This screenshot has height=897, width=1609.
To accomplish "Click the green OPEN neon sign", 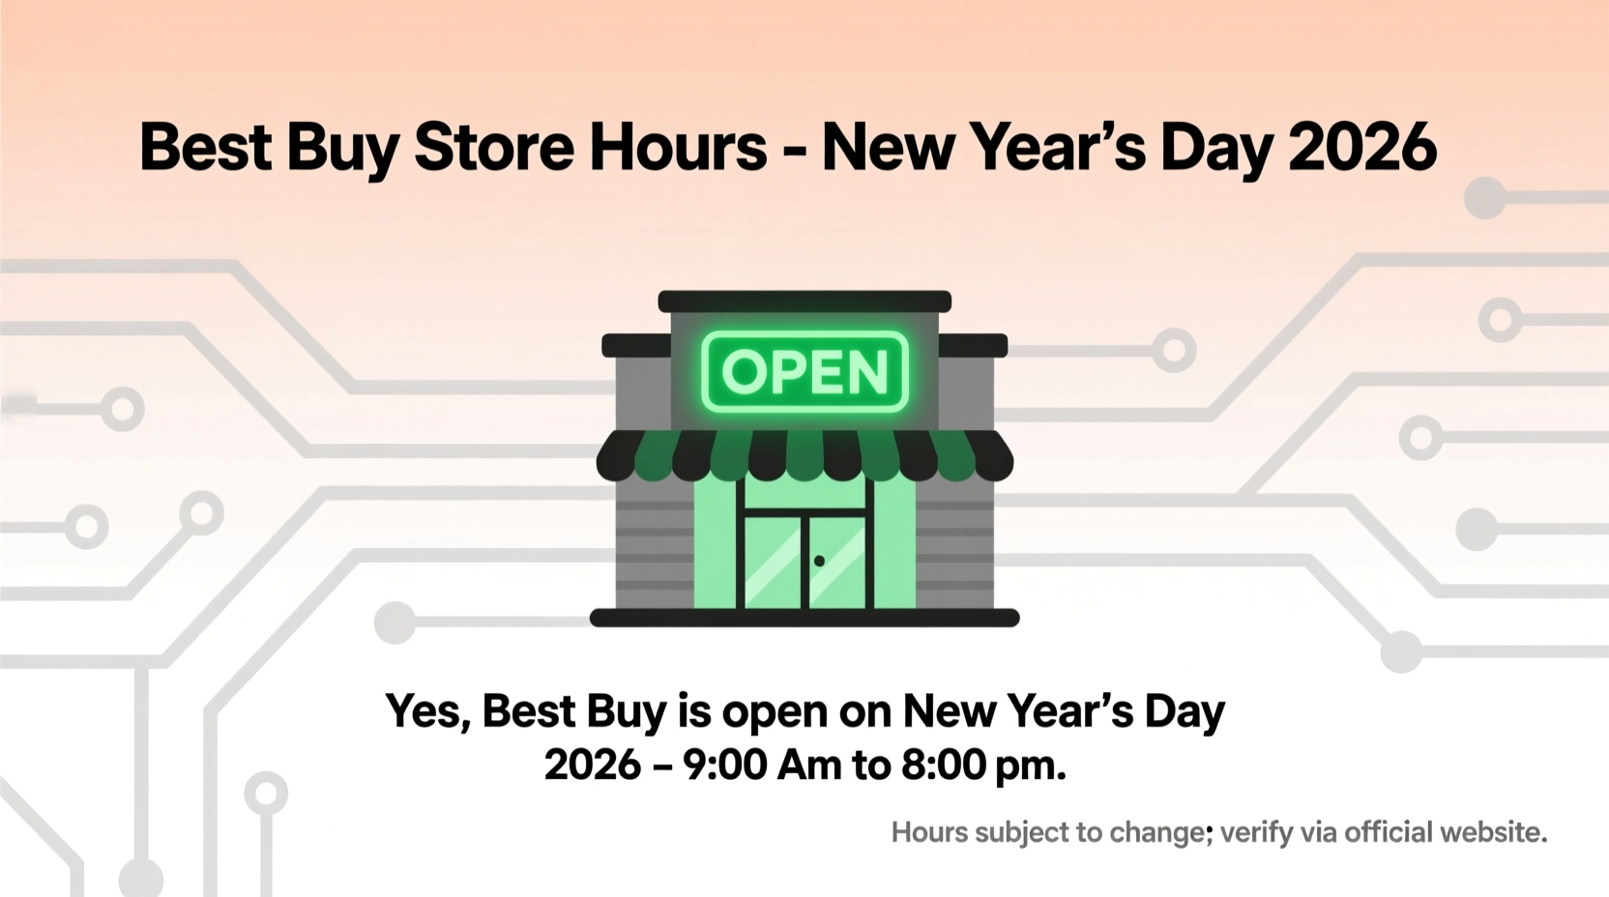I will coord(804,371).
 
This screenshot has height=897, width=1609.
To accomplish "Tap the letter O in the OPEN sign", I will coord(744,371).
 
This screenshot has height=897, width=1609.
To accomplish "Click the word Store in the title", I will coord(494,148).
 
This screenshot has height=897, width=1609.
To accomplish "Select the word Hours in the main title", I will coord(678,148).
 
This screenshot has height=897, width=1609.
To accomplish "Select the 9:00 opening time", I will coord(724,766).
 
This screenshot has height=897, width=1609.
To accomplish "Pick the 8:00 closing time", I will coord(943,766).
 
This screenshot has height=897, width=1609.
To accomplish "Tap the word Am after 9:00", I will coord(809,766).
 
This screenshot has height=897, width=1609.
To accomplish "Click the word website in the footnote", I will coord(1493,832).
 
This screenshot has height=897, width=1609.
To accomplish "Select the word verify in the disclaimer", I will coord(1256,833).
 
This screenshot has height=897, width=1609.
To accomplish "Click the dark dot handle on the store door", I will coord(819,561).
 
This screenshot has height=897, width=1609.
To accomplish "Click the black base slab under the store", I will coord(804,619).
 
